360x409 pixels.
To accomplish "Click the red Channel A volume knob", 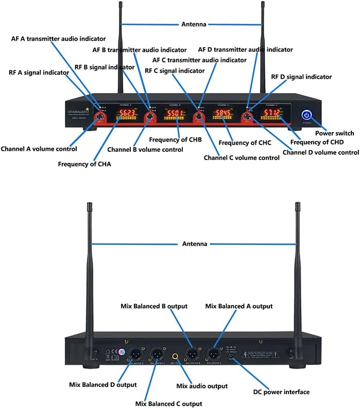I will tap(99, 118).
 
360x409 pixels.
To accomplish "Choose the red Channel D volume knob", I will tap(248, 118).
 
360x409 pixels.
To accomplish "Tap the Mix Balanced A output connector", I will tap(213, 353).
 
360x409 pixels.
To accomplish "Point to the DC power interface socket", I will tap(232, 355).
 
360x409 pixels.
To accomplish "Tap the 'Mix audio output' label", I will tap(202, 386).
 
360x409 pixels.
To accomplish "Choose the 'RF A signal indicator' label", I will tap(39, 73).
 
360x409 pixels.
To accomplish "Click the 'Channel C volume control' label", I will tap(242, 157).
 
